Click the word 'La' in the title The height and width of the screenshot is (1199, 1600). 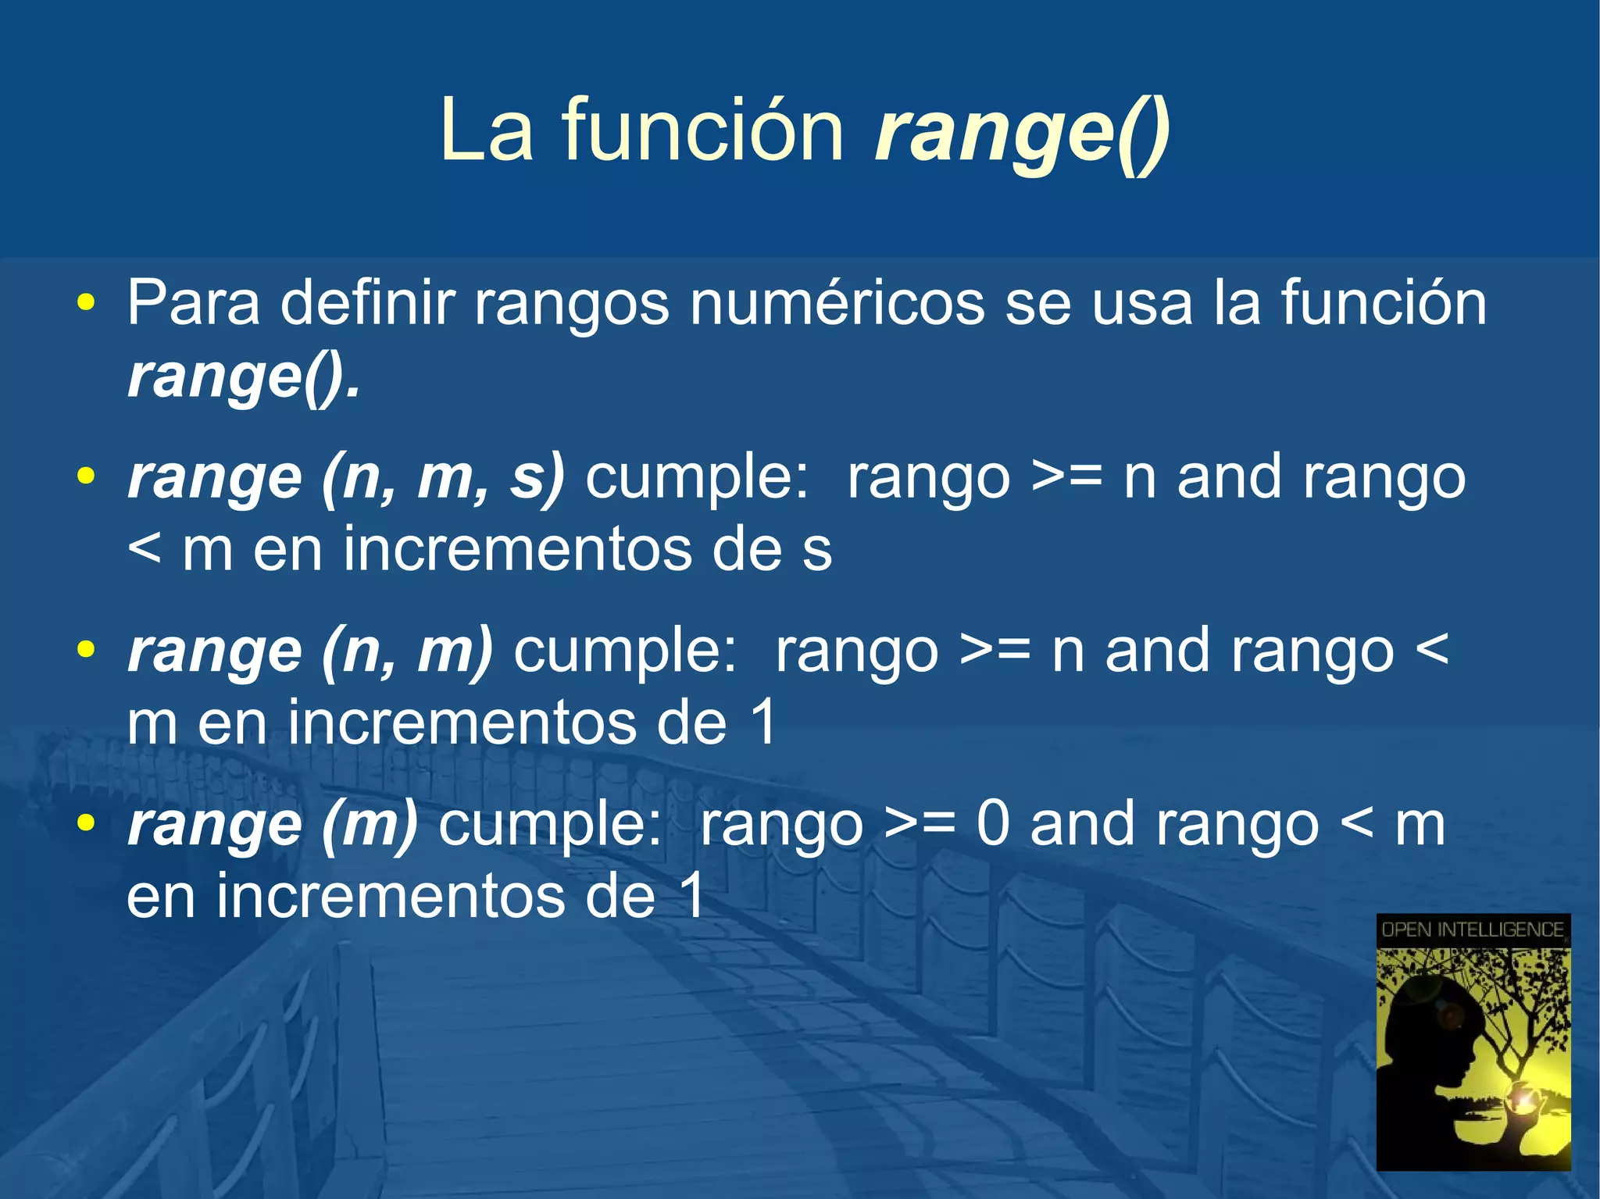point(485,130)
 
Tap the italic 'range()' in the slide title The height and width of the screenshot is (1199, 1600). point(1022,133)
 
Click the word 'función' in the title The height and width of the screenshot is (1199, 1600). point(703,130)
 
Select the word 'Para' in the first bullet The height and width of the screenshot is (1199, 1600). point(193,303)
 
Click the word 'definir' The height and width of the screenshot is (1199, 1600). point(367,303)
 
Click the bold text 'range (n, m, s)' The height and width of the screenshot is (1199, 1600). point(346,476)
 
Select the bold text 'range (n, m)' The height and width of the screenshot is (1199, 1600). point(310,651)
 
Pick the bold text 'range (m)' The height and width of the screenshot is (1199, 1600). point(273,824)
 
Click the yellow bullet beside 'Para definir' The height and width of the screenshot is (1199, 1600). point(86,303)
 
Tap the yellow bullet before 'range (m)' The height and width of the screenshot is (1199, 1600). point(86,823)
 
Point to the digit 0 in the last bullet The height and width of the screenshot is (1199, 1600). point(993,824)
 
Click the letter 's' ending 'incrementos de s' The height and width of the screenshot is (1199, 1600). point(816,551)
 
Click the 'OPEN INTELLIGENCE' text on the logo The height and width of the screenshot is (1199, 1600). point(1473,930)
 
